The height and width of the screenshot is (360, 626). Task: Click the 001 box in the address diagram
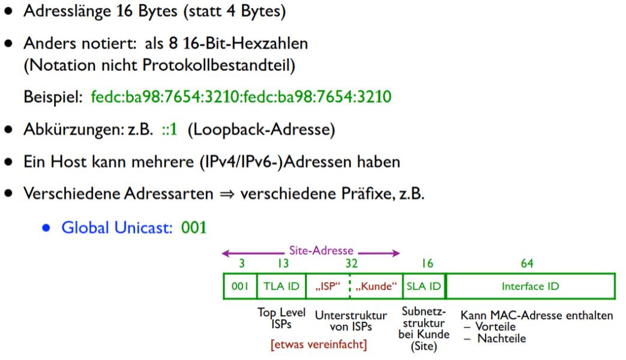[239, 287]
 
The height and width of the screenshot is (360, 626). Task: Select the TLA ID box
[281, 287]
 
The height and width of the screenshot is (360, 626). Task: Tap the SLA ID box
[424, 287]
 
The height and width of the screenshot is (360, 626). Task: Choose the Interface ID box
[530, 287]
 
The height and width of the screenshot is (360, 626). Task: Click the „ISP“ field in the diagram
[327, 287]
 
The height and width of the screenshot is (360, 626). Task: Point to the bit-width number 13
[283, 263]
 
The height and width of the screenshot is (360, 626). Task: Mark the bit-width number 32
[352, 263]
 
